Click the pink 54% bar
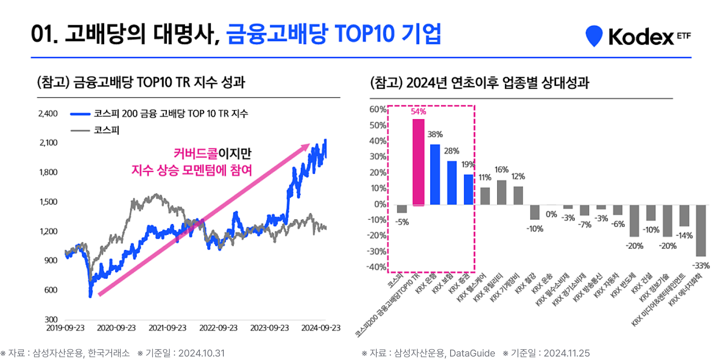(418, 162)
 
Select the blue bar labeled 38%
(435, 174)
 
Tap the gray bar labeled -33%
(700, 230)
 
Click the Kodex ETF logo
(638, 37)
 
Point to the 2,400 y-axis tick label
(48, 114)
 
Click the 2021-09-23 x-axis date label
(167, 328)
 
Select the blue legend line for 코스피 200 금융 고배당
(80, 114)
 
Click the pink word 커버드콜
(196, 153)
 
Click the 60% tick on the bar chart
(377, 110)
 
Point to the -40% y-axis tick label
(376, 267)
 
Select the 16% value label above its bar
(501, 170)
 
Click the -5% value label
(402, 222)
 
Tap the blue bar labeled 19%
(468, 190)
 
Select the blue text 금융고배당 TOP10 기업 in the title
(334, 34)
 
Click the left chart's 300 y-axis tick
(51, 320)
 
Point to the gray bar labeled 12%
(518, 196)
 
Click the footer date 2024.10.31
(201, 353)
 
